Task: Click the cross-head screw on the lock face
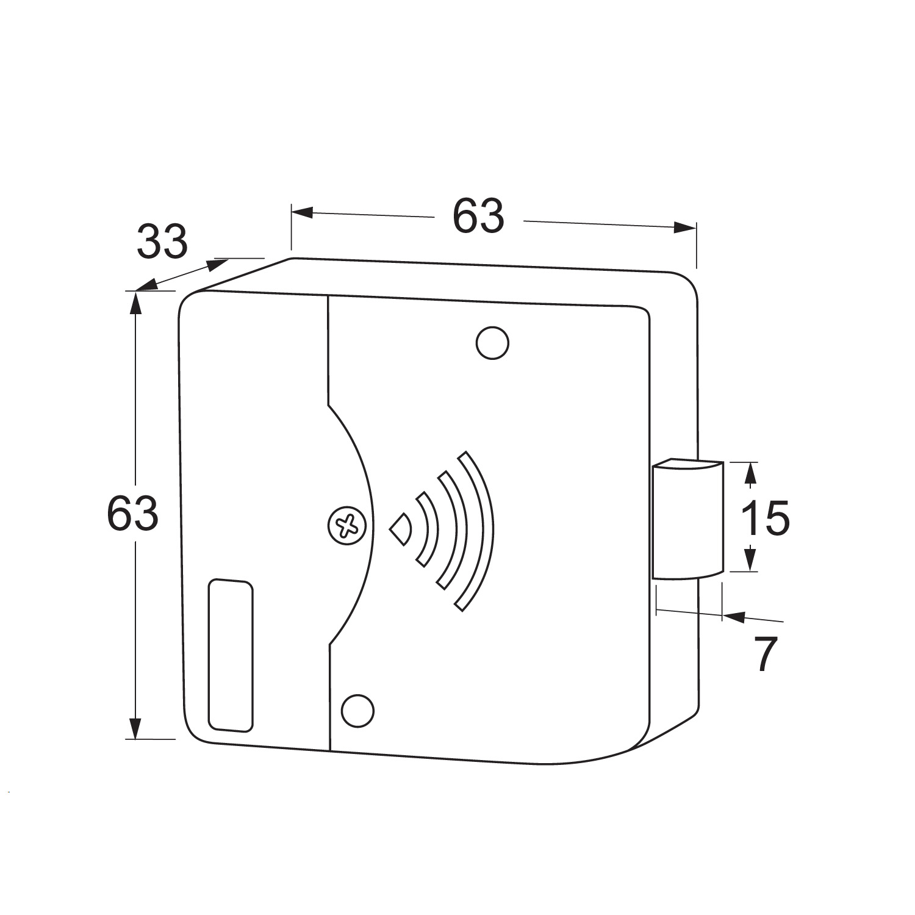pyautogui.click(x=347, y=525)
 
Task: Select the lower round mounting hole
pyautogui.click(x=357, y=711)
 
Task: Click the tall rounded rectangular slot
pyautogui.click(x=231, y=655)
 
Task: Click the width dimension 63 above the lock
pyautogui.click(x=478, y=216)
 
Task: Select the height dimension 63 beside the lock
pyautogui.click(x=132, y=513)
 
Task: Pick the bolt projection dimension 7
pyautogui.click(x=766, y=654)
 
